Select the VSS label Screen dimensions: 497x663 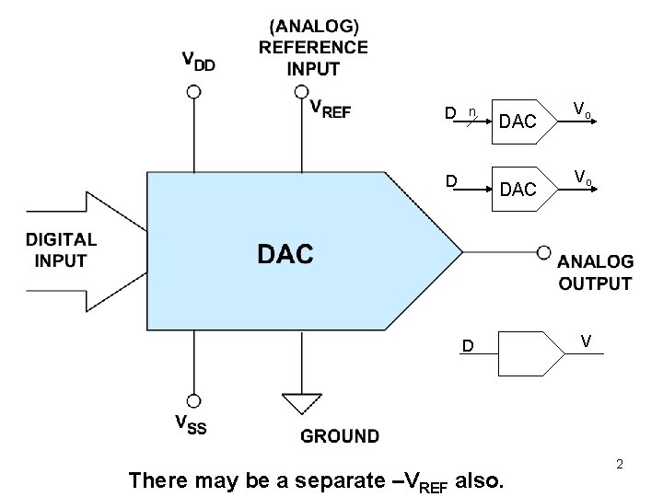pyautogui.click(x=191, y=424)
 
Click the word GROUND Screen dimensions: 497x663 pyautogui.click(x=339, y=435)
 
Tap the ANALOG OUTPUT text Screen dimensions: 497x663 pyautogui.click(x=596, y=273)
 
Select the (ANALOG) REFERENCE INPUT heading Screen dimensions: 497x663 pyautogui.click(x=313, y=46)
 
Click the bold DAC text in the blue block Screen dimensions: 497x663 pyautogui.click(x=285, y=254)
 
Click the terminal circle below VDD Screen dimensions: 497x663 pyautogui.click(x=193, y=91)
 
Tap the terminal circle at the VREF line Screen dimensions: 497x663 pyautogui.click(x=301, y=91)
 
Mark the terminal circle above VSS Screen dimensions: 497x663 pyautogui.click(x=193, y=400)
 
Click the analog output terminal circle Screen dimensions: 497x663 pyautogui.click(x=545, y=249)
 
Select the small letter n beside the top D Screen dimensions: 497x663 pyautogui.click(x=471, y=111)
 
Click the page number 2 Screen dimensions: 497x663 pyautogui.click(x=620, y=464)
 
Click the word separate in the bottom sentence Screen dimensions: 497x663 pyautogui.click(x=343, y=480)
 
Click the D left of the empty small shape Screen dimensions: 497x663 pyautogui.click(x=468, y=347)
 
